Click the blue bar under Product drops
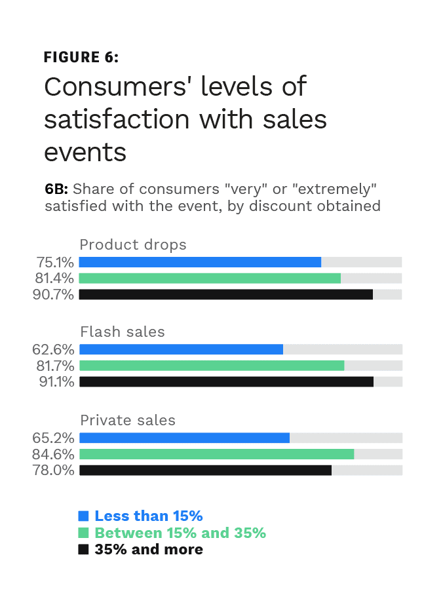(x=200, y=262)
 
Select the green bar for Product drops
(x=210, y=278)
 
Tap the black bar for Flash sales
(x=226, y=381)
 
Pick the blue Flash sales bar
(x=181, y=349)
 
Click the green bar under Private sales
(x=216, y=454)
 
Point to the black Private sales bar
(x=205, y=470)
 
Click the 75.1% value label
(x=54, y=262)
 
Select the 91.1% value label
(x=55, y=381)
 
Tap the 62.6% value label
(x=54, y=349)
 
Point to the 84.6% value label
(x=54, y=454)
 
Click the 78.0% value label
(x=54, y=470)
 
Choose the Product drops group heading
(x=133, y=245)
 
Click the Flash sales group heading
(x=122, y=332)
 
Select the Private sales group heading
(x=127, y=420)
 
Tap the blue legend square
(x=83, y=516)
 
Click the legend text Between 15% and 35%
(x=180, y=533)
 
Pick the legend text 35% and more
(x=149, y=549)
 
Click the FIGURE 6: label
(x=81, y=57)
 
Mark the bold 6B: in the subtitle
(x=56, y=189)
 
